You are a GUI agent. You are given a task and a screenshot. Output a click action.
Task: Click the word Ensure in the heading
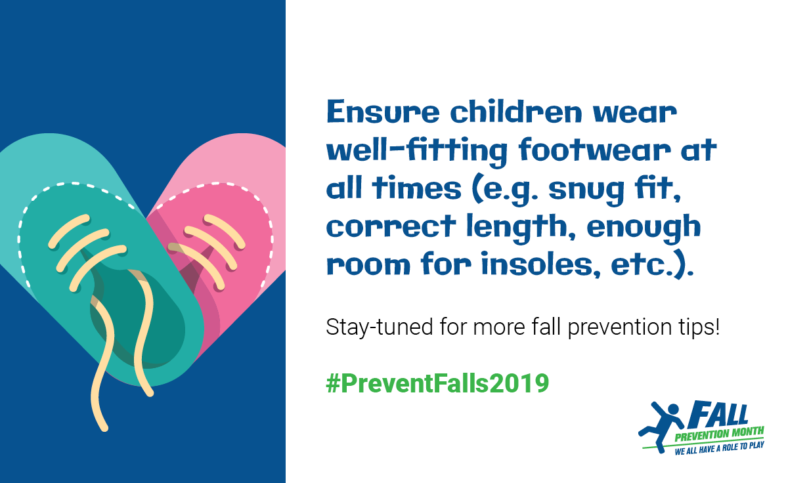[x=383, y=112]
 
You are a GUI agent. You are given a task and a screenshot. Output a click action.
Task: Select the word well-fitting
[x=417, y=151]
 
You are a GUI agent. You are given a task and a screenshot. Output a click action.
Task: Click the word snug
[x=586, y=190]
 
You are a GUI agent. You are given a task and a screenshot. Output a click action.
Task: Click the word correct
[x=391, y=227]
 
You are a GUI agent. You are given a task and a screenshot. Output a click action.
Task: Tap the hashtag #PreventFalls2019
[x=437, y=383]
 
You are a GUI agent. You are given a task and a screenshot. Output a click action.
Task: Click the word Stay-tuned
[x=380, y=327]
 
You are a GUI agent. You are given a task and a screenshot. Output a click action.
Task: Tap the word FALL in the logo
[x=718, y=415]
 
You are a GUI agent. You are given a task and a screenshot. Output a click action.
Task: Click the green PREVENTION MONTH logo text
[x=719, y=434]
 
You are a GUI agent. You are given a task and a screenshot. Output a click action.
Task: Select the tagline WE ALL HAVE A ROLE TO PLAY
[x=719, y=449]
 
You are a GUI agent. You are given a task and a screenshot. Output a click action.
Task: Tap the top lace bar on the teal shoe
[x=69, y=231]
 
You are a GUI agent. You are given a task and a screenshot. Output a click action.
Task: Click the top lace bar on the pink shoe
[x=225, y=231]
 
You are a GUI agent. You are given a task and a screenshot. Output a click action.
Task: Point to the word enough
[x=644, y=228]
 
